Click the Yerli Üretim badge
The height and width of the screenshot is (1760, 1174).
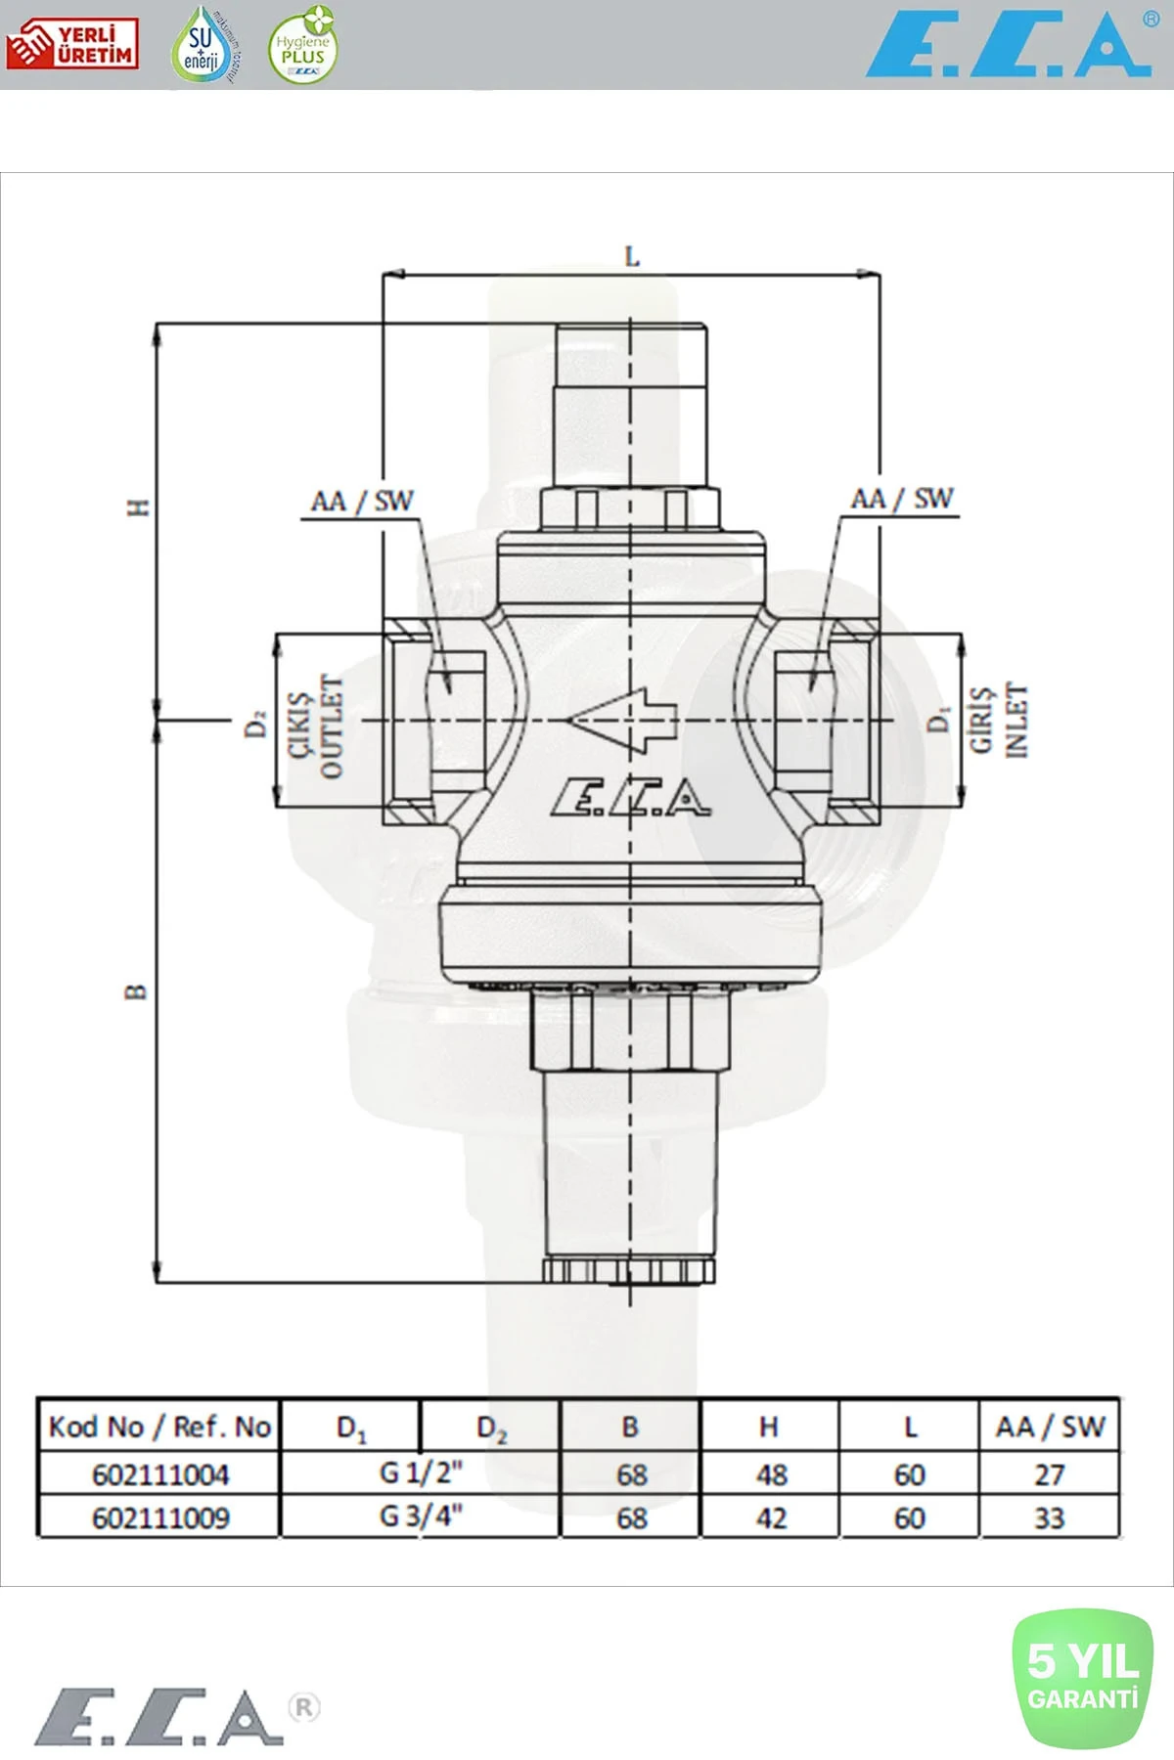pyautogui.click(x=71, y=44)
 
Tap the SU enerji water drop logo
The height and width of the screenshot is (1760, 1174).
pyautogui.click(x=203, y=45)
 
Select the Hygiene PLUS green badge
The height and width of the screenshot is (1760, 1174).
pyautogui.click(x=303, y=46)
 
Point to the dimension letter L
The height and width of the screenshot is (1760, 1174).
pyautogui.click(x=632, y=257)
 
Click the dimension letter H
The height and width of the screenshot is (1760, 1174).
pyautogui.click(x=139, y=507)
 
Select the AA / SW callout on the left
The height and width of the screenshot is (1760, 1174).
pyautogui.click(x=362, y=503)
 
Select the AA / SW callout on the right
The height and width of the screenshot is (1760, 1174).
pyautogui.click(x=901, y=500)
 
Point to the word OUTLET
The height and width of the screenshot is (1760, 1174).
pyautogui.click(x=333, y=726)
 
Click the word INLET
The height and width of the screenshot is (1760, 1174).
pyautogui.click(x=1017, y=721)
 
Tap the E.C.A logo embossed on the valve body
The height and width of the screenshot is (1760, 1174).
pyautogui.click(x=631, y=798)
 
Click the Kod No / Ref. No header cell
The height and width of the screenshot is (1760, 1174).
pyautogui.click(x=159, y=1428)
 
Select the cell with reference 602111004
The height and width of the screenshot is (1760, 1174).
pyautogui.click(x=160, y=1474)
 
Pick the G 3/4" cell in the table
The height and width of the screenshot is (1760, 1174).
pyautogui.click(x=421, y=1517)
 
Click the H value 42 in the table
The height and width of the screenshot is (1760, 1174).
pyautogui.click(x=771, y=1518)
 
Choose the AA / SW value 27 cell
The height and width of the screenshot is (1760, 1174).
pyautogui.click(x=1049, y=1474)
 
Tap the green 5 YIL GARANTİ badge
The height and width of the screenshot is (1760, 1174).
pyautogui.click(x=1083, y=1679)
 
